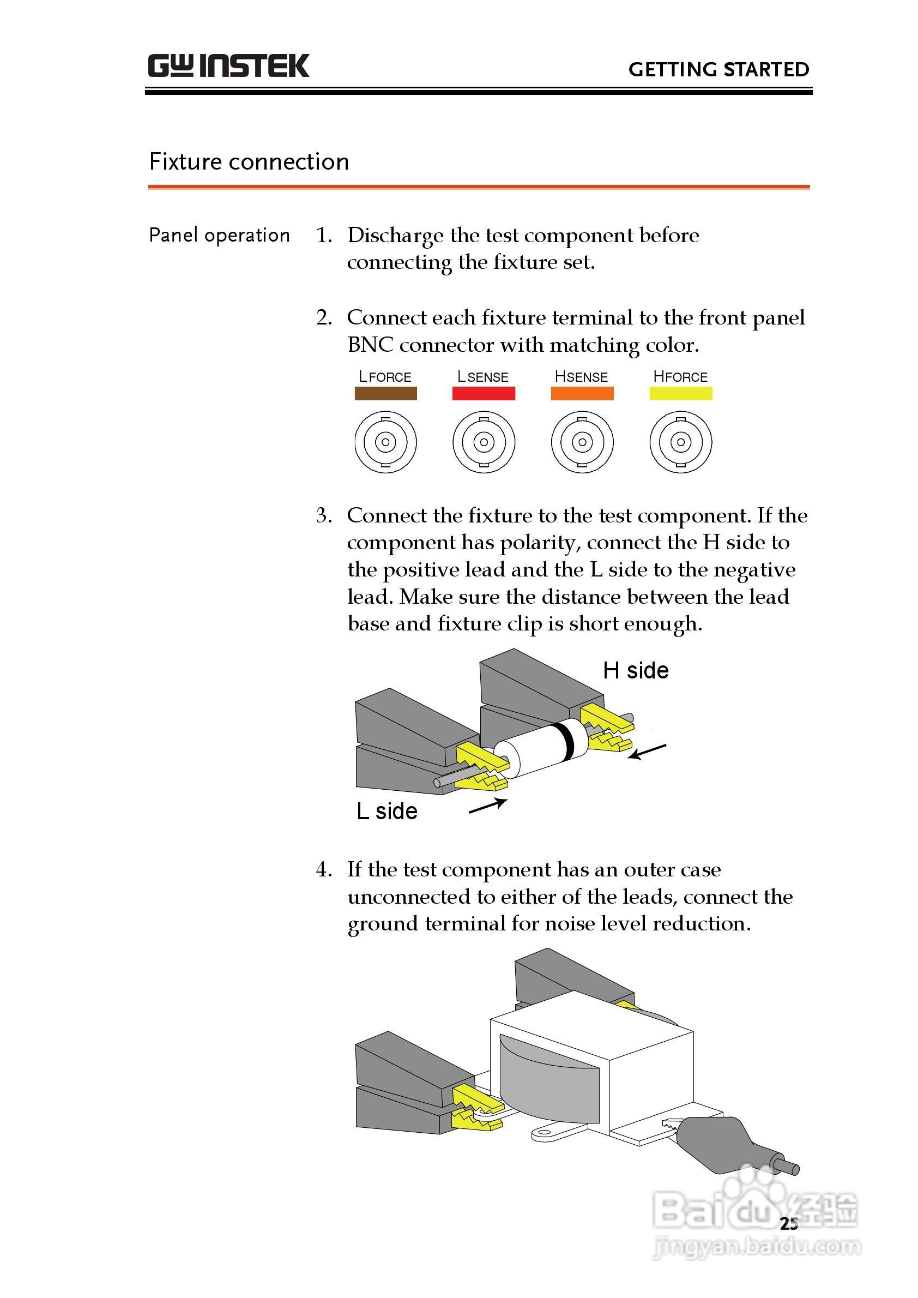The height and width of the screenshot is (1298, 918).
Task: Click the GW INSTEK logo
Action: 228,65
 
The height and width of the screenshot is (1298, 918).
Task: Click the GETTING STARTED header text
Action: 718,70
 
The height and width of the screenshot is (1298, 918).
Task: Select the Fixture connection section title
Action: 249,162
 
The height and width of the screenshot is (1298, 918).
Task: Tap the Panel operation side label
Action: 219,235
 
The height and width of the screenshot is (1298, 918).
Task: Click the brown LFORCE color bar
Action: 385,393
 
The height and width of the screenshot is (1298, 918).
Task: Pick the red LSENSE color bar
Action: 484,393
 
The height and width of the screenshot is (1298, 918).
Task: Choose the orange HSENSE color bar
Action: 582,393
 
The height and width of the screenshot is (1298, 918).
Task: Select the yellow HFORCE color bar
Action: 680,393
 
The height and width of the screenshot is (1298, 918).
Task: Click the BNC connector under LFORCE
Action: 385,442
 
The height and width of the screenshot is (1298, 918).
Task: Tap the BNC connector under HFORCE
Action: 680,442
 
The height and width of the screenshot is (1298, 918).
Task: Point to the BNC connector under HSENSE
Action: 582,442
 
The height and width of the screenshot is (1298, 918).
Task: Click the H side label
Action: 636,671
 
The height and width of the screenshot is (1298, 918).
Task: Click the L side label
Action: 387,812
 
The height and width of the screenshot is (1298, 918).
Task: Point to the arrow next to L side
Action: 487,806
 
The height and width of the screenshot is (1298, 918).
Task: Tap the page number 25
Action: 789,1224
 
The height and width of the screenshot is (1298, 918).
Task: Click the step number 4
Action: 323,869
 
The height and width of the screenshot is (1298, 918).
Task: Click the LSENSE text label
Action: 483,377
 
